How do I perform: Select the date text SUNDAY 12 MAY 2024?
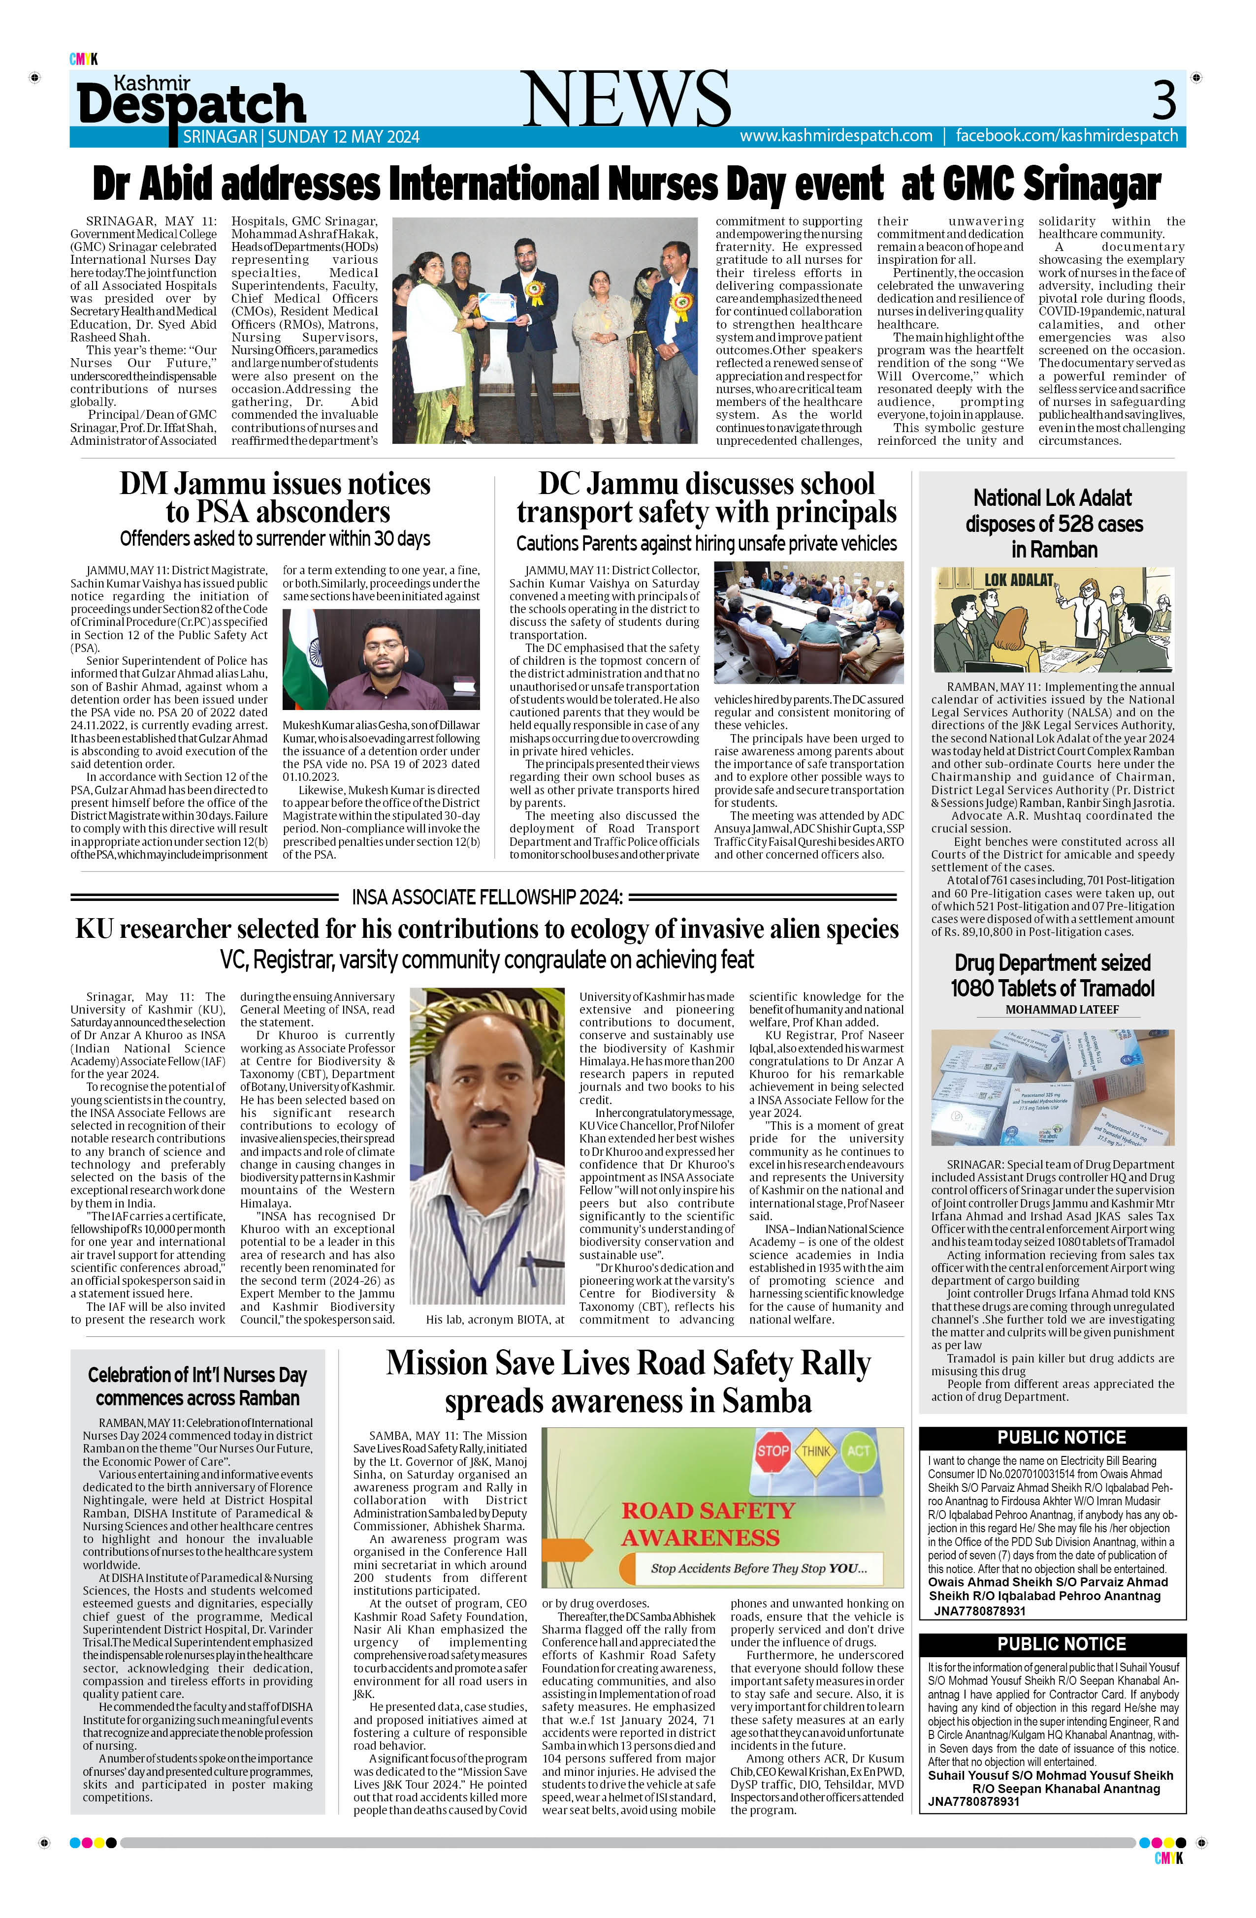344,137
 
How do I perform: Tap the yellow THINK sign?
815,1452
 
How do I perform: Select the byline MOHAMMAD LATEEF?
1062,1010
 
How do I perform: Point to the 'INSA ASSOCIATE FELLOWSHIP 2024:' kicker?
487,897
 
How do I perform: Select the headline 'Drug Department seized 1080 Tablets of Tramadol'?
1052,976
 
